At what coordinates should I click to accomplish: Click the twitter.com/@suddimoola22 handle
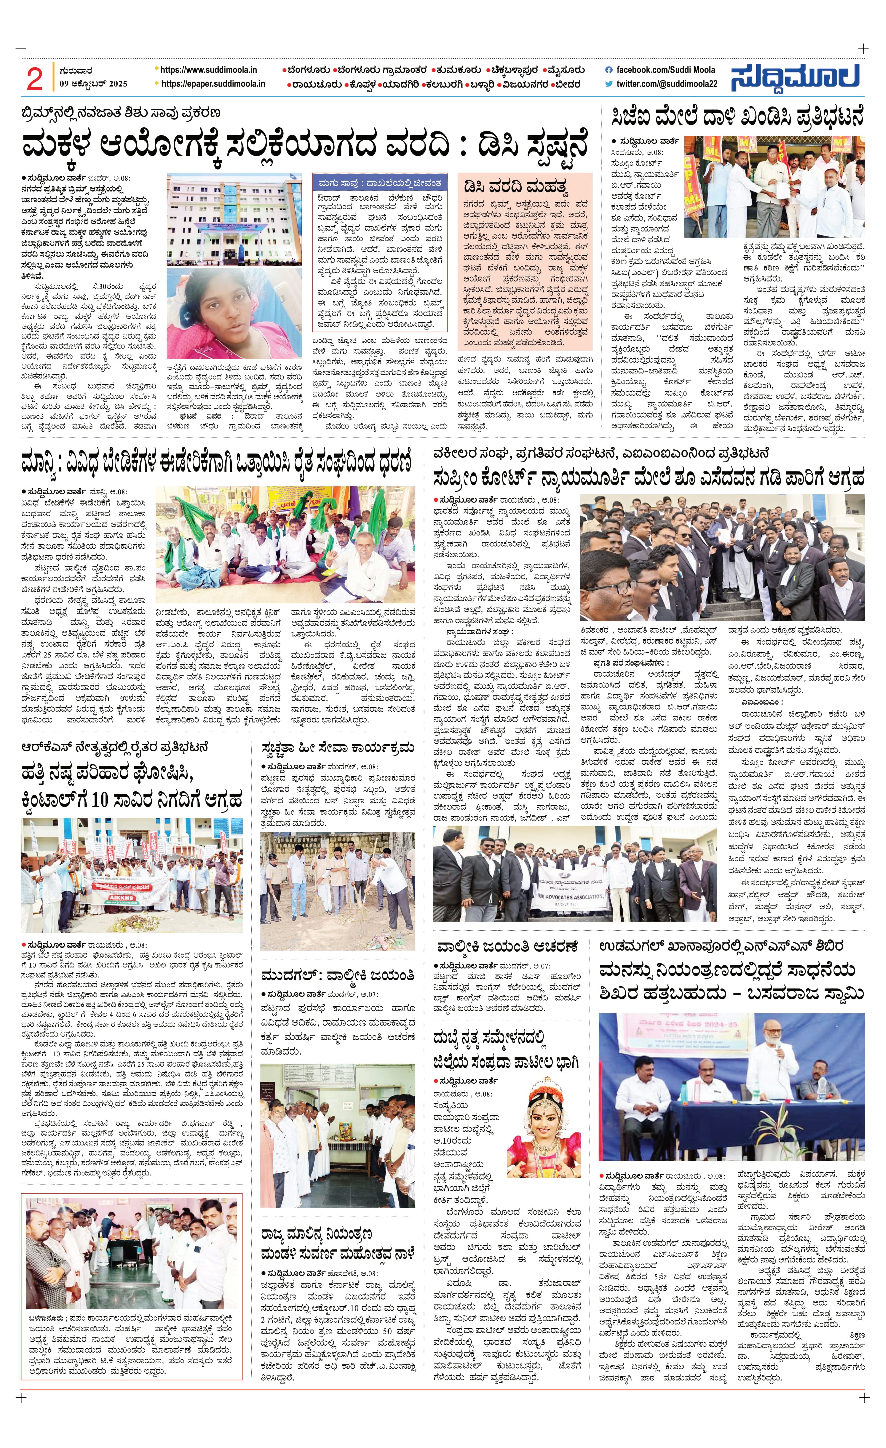coord(667,84)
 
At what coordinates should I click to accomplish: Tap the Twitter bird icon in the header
coord(609,84)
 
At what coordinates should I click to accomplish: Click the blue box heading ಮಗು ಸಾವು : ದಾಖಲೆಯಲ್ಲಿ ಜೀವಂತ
coord(379,182)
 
